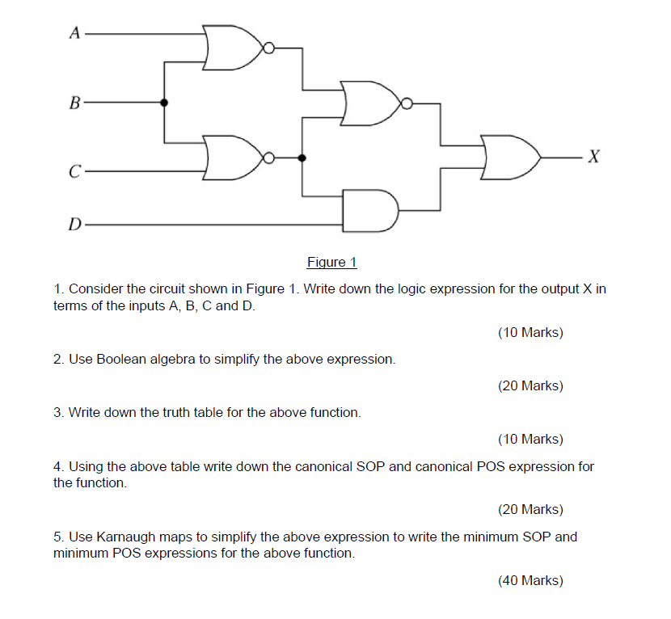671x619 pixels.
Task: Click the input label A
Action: pyautogui.click(x=75, y=33)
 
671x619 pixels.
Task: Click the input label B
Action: pyautogui.click(x=75, y=103)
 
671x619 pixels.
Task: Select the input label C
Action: pyautogui.click(x=75, y=172)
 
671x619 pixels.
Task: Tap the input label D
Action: pyautogui.click(x=75, y=222)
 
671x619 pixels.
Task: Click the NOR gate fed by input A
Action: pyautogui.click(x=233, y=47)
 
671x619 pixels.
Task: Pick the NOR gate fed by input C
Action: pyautogui.click(x=233, y=158)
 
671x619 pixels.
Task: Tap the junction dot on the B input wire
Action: pyautogui.click(x=165, y=103)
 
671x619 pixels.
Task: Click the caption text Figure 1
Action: pyautogui.click(x=331, y=262)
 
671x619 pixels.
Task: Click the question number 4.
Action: pyautogui.click(x=58, y=467)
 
